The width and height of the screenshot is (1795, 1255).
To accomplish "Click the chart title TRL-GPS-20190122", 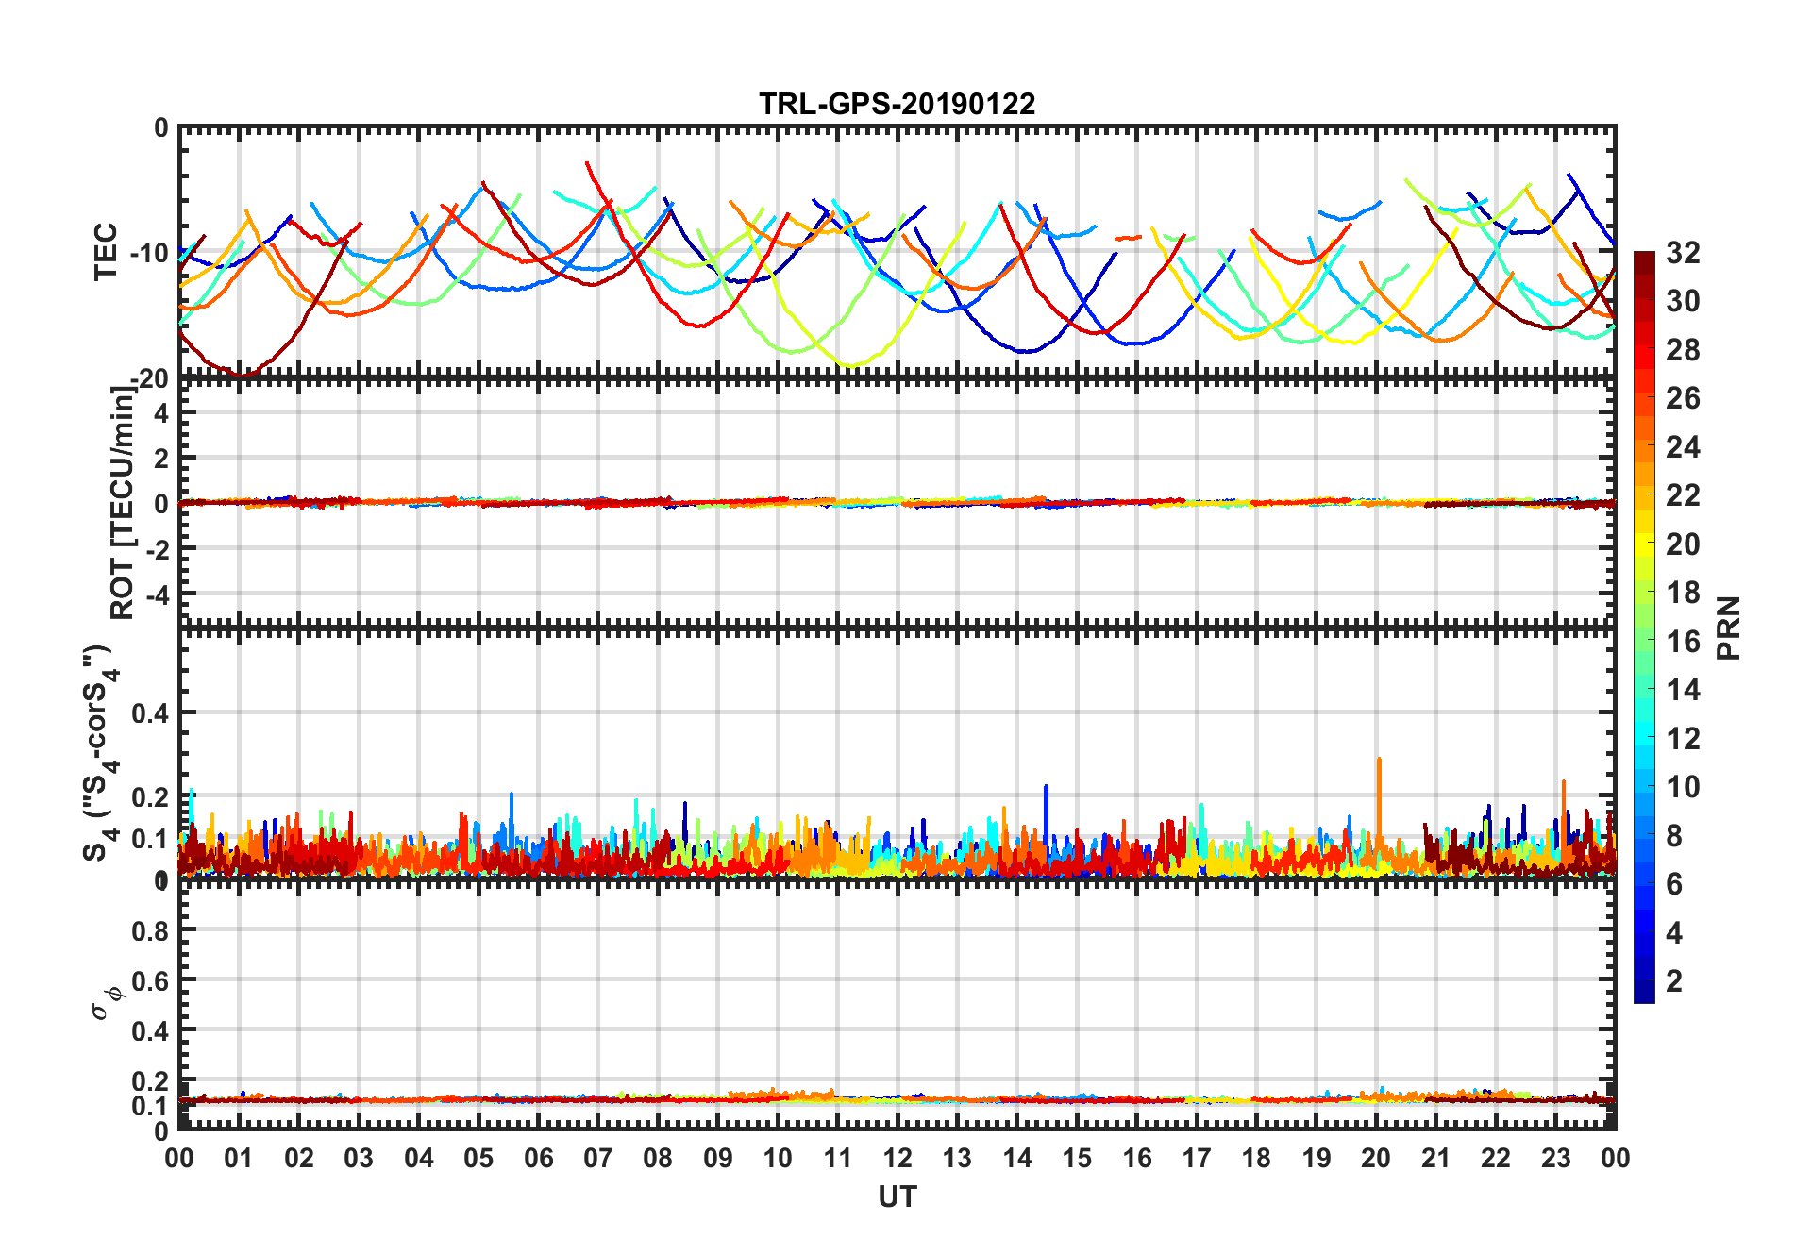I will (897, 103).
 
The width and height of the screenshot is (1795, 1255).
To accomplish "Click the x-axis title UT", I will (897, 1196).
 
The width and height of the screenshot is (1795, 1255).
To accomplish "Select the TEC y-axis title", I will (106, 251).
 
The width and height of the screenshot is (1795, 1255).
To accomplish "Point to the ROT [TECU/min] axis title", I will (123, 502).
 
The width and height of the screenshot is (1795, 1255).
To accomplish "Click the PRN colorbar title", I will (1729, 627).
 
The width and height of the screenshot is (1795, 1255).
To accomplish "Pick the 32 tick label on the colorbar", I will (1683, 253).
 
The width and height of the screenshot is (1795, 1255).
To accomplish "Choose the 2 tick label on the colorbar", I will (1674, 981).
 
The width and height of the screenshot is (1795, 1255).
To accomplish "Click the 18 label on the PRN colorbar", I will (1683, 593).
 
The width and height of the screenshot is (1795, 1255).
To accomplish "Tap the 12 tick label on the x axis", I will (897, 1158).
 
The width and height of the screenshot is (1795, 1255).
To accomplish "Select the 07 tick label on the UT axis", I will (598, 1158).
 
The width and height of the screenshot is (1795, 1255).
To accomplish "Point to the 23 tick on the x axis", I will (1555, 1158).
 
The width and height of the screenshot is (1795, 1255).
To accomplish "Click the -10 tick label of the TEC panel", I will (149, 253).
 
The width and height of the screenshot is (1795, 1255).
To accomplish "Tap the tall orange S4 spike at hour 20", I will (1379, 761).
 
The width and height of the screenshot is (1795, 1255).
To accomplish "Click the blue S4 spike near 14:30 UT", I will (1046, 788).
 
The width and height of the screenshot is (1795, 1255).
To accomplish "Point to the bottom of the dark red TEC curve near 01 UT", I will (243, 376).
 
